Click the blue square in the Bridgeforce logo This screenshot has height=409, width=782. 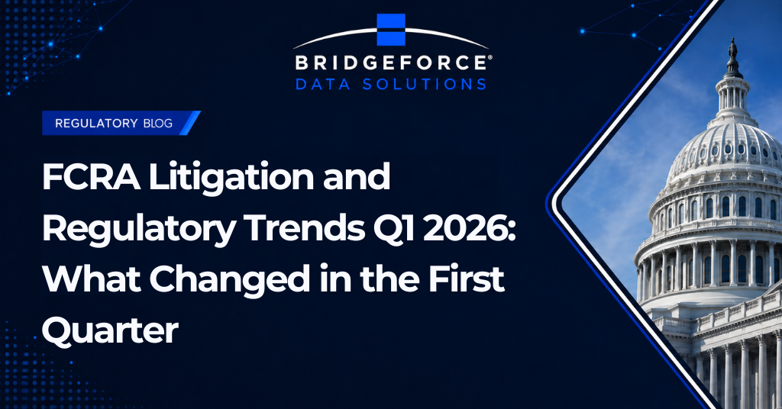pos(391,30)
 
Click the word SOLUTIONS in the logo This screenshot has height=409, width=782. pos(424,84)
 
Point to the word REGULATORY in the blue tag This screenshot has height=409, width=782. pos(96,123)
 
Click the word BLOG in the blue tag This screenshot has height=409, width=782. pos(157,123)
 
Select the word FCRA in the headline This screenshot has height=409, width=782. pos(91,177)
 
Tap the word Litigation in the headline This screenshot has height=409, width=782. pos(231,178)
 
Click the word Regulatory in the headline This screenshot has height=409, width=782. pos(139,229)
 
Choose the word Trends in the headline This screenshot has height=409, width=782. pos(305,228)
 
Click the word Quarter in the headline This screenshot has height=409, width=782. pos(110,331)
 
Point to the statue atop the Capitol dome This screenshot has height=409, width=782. pos(732,49)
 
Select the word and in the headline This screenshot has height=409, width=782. pos(356,177)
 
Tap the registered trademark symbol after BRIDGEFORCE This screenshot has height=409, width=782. pos(490,58)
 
